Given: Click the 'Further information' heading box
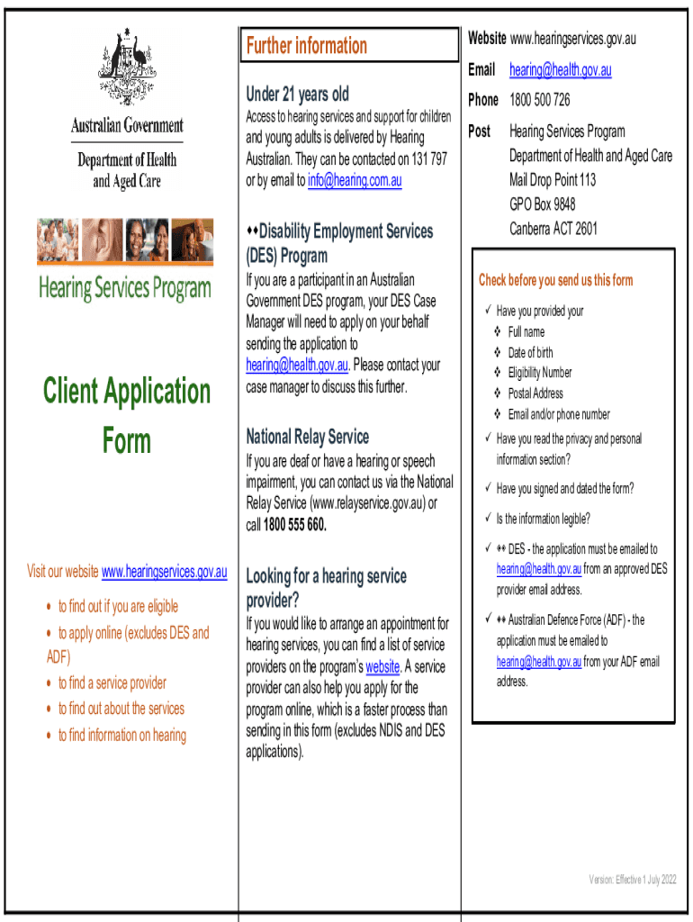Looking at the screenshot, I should coord(306,46).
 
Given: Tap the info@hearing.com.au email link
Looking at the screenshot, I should coord(355,181).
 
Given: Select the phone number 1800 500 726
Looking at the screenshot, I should coord(539,100).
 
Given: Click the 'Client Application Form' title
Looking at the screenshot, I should coord(127,415).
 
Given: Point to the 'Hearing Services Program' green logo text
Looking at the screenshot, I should coord(125,289).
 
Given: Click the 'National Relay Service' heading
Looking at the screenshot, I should coord(307,437).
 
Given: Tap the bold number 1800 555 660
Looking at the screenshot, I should coord(295,525).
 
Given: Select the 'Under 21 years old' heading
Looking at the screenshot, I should coord(297,94).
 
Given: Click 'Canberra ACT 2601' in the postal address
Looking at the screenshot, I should coord(553,229).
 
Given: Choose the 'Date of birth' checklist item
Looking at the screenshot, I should coord(530,353).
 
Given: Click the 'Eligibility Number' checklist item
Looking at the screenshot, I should coord(539,373).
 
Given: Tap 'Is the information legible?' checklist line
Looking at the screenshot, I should coord(543,519).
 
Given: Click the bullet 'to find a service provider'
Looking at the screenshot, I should coord(112,683).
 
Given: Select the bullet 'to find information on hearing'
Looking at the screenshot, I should coord(121,736).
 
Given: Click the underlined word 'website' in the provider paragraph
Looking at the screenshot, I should coord(382,667).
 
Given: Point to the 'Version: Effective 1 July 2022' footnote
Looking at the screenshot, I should coord(632,880).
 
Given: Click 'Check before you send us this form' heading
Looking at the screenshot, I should coord(555,280).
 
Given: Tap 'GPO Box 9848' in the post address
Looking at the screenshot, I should coord(542,204).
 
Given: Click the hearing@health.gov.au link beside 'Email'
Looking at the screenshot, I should coord(560,70).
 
